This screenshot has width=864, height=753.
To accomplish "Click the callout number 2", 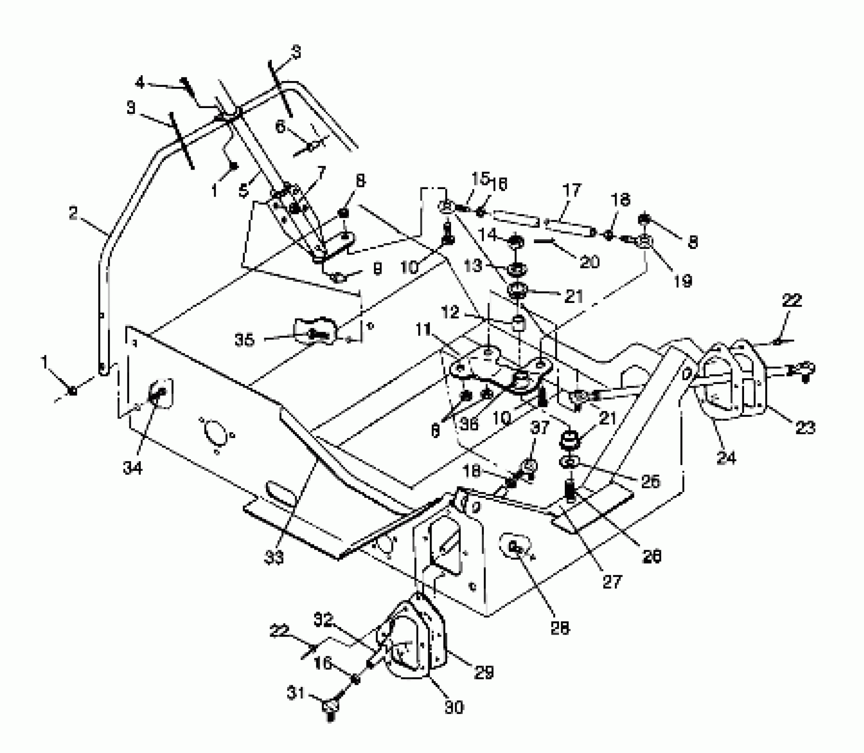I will (x=73, y=213).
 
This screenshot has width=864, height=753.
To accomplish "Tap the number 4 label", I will (x=140, y=82).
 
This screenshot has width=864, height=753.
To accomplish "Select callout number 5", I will (x=243, y=191).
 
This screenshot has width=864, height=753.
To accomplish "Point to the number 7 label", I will (x=320, y=172).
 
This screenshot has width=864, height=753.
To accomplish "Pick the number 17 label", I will (x=571, y=191).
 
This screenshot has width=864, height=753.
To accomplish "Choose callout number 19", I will (x=683, y=280).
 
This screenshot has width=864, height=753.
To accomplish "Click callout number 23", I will (x=805, y=428).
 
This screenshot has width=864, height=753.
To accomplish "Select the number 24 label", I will (x=726, y=458).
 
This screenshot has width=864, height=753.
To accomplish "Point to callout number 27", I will (x=613, y=582).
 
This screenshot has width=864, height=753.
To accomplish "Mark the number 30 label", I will (x=453, y=708).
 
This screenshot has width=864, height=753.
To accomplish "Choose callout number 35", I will (x=245, y=340).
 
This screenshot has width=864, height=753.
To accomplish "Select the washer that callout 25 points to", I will (x=569, y=463).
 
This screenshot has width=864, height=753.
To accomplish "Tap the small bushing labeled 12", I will (x=518, y=323).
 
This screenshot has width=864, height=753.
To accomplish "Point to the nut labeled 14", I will (x=516, y=242).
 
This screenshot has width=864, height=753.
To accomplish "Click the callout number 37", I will (x=540, y=428).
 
